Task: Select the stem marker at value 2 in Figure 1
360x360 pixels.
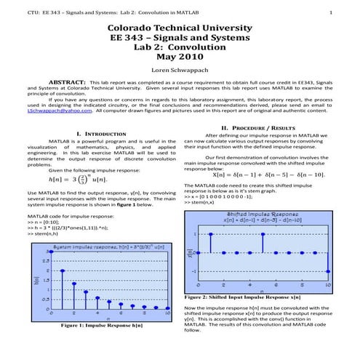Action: pos(62,271)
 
